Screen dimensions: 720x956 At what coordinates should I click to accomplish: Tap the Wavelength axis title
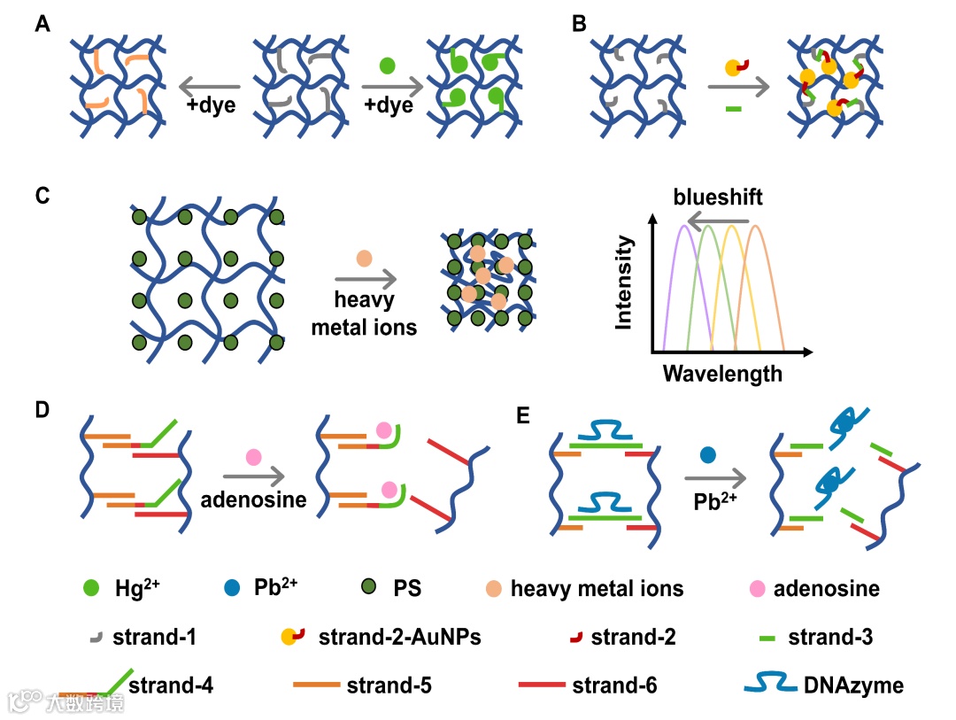(722, 374)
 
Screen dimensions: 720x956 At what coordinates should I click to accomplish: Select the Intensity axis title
(624, 283)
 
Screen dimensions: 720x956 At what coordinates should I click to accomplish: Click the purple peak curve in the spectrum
(683, 266)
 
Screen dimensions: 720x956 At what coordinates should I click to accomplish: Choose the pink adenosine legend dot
(759, 586)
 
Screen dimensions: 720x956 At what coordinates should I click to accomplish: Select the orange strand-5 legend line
(317, 685)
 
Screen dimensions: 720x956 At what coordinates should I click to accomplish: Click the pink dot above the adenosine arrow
(253, 457)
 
